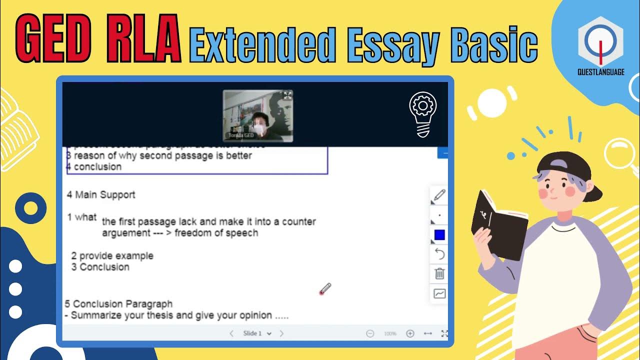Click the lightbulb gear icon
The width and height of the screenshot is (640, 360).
(x=423, y=114)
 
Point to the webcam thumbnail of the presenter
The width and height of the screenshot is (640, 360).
(x=257, y=116)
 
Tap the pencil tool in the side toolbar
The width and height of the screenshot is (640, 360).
(x=439, y=195)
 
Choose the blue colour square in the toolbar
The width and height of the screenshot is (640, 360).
(x=439, y=235)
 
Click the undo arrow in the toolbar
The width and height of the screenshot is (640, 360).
(x=439, y=254)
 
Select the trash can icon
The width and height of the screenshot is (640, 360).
(x=439, y=273)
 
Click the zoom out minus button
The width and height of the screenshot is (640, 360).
(x=370, y=333)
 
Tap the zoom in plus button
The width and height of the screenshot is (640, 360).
(x=410, y=333)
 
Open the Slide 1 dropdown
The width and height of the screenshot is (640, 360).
(x=257, y=333)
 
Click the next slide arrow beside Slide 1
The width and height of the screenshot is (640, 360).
(x=281, y=333)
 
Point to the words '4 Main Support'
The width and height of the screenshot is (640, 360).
(x=101, y=194)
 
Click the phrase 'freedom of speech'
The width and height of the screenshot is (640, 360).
(x=216, y=233)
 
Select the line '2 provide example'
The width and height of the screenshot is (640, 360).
(x=112, y=255)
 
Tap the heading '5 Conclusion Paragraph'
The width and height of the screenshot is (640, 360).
(x=119, y=303)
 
